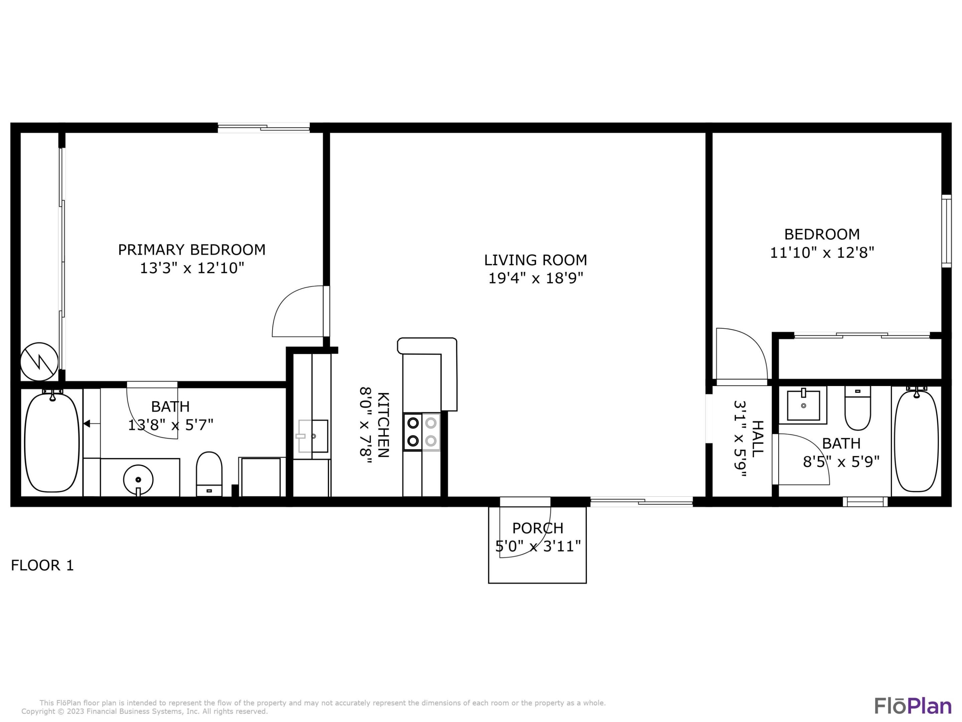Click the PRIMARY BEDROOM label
pyautogui.click(x=191, y=249)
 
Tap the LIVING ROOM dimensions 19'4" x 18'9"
pyautogui.click(x=535, y=278)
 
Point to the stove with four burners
pyautogui.click(x=422, y=432)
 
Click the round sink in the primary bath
pyautogui.click(x=138, y=480)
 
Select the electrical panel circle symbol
pyautogui.click(x=39, y=362)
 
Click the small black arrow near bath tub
pyautogui.click(x=87, y=424)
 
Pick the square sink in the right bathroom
pyautogui.click(x=803, y=405)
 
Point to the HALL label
pyautogui.click(x=757, y=439)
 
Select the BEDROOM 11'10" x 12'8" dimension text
pyautogui.click(x=822, y=252)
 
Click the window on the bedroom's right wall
pyautogui.click(x=946, y=231)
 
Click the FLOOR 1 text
pyautogui.click(x=42, y=565)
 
